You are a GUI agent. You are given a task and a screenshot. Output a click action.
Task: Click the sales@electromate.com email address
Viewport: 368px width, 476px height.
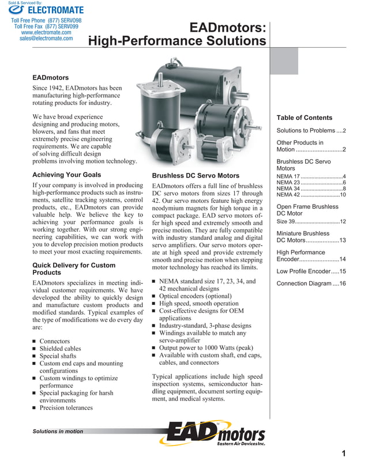(x=46, y=39)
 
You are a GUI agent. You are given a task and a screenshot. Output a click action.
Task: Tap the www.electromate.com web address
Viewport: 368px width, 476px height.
(x=46, y=32)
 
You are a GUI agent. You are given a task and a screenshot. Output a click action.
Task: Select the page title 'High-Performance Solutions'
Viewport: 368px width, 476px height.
(x=178, y=41)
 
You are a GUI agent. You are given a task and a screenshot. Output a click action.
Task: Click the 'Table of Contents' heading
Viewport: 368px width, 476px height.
(x=305, y=118)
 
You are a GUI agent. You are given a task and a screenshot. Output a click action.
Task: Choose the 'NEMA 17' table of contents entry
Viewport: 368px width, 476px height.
(x=311, y=176)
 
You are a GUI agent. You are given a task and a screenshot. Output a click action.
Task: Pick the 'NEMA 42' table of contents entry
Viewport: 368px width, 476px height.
(x=311, y=194)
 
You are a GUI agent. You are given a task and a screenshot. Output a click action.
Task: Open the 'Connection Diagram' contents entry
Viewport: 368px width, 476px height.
(x=311, y=284)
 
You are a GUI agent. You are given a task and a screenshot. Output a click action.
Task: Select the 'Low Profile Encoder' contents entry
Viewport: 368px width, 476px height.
(x=311, y=271)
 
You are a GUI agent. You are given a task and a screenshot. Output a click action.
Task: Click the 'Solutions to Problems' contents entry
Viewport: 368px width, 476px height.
(x=311, y=131)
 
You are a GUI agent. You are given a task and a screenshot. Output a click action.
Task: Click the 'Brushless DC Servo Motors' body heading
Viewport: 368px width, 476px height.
(x=195, y=175)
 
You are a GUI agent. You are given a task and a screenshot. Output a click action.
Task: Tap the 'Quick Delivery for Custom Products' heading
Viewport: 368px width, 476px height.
(x=73, y=269)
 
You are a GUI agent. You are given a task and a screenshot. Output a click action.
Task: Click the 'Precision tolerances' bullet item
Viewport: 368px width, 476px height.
(x=66, y=408)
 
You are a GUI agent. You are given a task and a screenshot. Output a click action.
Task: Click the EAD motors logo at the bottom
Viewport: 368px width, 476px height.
(x=216, y=434)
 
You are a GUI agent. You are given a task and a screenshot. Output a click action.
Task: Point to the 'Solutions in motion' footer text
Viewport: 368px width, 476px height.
(x=58, y=431)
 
